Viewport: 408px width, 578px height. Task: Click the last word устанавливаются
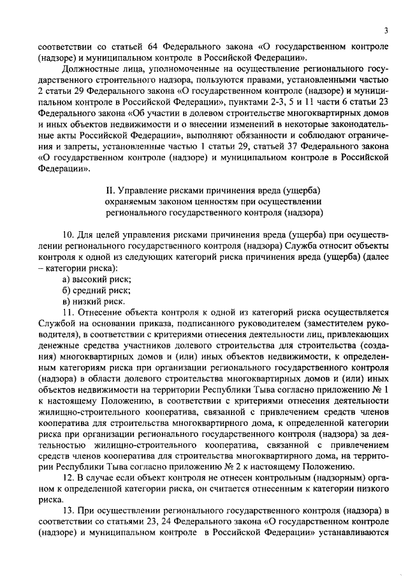point(353,535)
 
